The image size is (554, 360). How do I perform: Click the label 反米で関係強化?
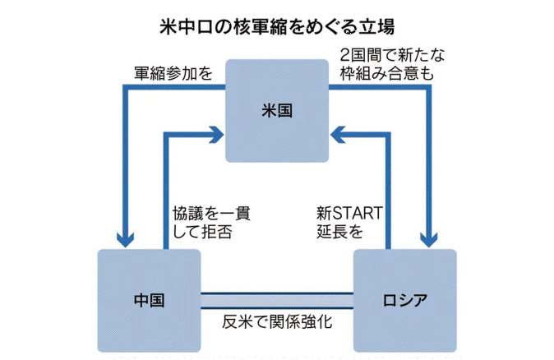tap(277, 322)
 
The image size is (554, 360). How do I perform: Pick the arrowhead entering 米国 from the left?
tap(217, 129)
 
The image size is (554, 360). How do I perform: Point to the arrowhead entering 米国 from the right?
tap(337, 129)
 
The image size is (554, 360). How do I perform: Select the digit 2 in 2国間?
tap(345, 55)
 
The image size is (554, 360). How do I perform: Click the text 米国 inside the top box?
tap(277, 110)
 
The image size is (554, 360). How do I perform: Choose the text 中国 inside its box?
tap(149, 299)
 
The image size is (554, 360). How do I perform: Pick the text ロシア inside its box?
tap(404, 299)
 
